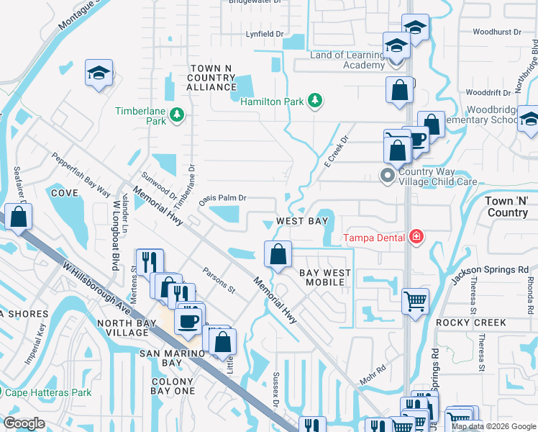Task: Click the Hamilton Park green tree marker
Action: click(x=314, y=101)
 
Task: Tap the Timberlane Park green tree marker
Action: click(x=176, y=114)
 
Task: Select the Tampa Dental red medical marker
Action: click(x=415, y=236)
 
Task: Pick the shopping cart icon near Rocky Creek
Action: click(x=415, y=300)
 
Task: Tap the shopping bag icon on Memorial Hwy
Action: click(x=278, y=254)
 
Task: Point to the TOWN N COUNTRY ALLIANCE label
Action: click(x=211, y=77)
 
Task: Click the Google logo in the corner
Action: click(x=24, y=423)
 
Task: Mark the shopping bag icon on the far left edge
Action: click(x=17, y=216)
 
